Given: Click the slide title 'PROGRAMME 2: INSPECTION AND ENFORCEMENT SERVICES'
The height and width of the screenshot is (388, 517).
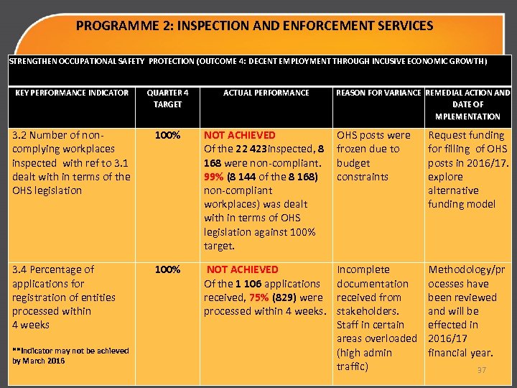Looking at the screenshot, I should click(x=254, y=26).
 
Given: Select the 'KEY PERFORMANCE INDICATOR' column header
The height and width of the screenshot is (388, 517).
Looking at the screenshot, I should click(x=72, y=93).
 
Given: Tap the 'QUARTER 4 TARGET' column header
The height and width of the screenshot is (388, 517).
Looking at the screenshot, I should click(x=167, y=98).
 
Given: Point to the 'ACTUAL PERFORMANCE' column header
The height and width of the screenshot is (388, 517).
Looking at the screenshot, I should click(x=266, y=93).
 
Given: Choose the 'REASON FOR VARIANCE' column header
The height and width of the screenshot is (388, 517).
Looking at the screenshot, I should click(x=379, y=93).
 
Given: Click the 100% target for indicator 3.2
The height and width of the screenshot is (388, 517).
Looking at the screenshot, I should click(x=167, y=135).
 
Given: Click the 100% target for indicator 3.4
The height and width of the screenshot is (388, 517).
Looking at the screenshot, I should click(x=167, y=269).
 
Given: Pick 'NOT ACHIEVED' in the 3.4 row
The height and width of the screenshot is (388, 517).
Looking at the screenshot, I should click(x=243, y=269).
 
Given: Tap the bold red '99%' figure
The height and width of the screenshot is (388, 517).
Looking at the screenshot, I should click(x=214, y=177).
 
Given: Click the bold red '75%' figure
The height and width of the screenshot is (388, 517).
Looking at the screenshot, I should click(x=261, y=297).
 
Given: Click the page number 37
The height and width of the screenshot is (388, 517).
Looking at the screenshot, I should click(x=482, y=370).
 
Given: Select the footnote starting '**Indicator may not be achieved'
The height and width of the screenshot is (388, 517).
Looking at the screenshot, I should click(x=70, y=355).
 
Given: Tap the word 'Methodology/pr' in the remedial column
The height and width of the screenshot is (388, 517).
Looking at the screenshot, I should click(x=467, y=269).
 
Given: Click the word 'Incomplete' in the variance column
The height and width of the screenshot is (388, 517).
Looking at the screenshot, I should click(x=363, y=269).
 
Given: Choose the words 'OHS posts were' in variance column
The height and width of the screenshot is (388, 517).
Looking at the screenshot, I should click(x=373, y=135).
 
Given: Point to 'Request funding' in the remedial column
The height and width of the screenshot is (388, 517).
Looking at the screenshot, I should click(x=466, y=135).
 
